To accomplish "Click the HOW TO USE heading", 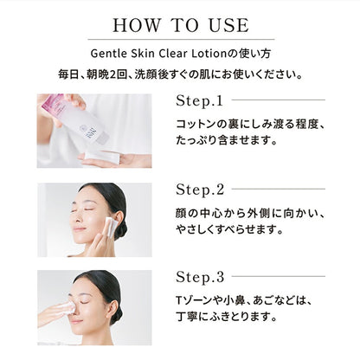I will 180,23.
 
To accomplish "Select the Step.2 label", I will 200,189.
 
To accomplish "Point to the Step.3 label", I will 200,277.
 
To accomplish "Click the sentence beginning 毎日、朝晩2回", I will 179,74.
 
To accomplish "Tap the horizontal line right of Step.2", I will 277,189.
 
